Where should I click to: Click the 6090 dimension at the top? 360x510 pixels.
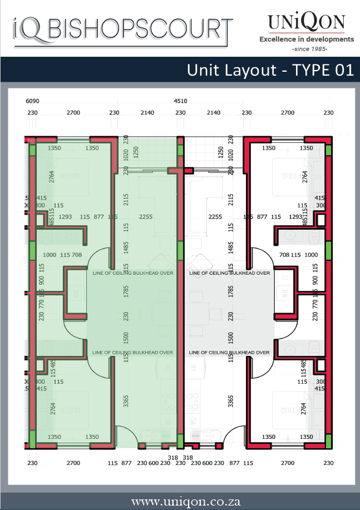pyautogui.click(x=33, y=101)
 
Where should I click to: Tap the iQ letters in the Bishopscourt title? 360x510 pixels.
pyautogui.click(x=27, y=29)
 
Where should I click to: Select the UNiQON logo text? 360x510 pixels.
pyautogui.click(x=307, y=23)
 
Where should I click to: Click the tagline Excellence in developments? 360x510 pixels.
pyautogui.click(x=307, y=39)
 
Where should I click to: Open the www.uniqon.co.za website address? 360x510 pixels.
pyautogui.click(x=180, y=501)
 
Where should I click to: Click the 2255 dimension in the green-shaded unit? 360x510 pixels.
pyautogui.click(x=146, y=216)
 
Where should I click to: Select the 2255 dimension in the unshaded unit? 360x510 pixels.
pyautogui.click(x=215, y=216)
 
